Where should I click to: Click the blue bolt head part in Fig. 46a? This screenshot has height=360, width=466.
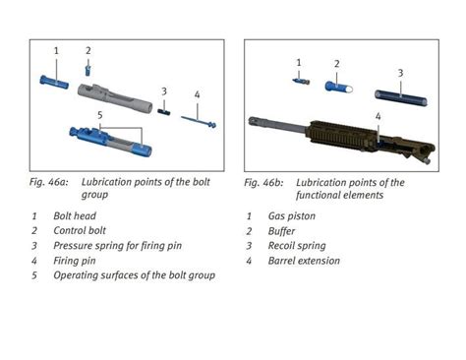54,82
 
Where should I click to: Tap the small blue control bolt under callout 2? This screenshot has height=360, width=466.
87,70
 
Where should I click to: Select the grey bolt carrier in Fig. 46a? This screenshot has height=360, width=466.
115,98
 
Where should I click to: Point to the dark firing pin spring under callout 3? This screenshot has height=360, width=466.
164,112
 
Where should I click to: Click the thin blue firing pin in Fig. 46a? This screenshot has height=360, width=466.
199,121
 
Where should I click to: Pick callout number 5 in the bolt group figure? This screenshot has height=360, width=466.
100,115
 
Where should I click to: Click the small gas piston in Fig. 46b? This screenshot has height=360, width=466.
301,81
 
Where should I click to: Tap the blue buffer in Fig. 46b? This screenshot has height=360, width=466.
339,88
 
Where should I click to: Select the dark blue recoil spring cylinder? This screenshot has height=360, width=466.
401,98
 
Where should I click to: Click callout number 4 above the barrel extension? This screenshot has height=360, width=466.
379,116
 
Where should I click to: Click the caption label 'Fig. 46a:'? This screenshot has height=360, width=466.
49,182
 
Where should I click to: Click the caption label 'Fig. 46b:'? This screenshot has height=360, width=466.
263,182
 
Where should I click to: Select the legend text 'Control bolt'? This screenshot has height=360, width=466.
80,230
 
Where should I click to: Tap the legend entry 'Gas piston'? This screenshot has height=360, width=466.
292,216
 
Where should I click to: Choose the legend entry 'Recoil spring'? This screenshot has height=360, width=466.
297,246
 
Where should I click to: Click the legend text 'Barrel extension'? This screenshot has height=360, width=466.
304,261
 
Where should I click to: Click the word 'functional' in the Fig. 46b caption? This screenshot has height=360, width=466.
318,195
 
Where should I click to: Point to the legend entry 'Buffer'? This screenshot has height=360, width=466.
281,231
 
